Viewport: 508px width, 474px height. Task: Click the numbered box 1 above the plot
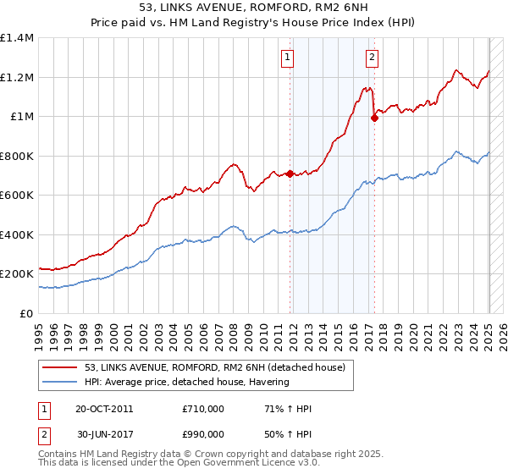click(x=288, y=58)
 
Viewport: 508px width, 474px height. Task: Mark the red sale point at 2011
click(x=290, y=174)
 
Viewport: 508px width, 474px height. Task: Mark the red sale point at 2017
click(x=374, y=118)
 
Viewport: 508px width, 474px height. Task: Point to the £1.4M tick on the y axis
click(x=17, y=38)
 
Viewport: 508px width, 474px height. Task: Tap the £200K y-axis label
click(x=17, y=274)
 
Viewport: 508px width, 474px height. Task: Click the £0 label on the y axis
click(x=26, y=313)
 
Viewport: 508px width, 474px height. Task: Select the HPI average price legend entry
click(x=186, y=382)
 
